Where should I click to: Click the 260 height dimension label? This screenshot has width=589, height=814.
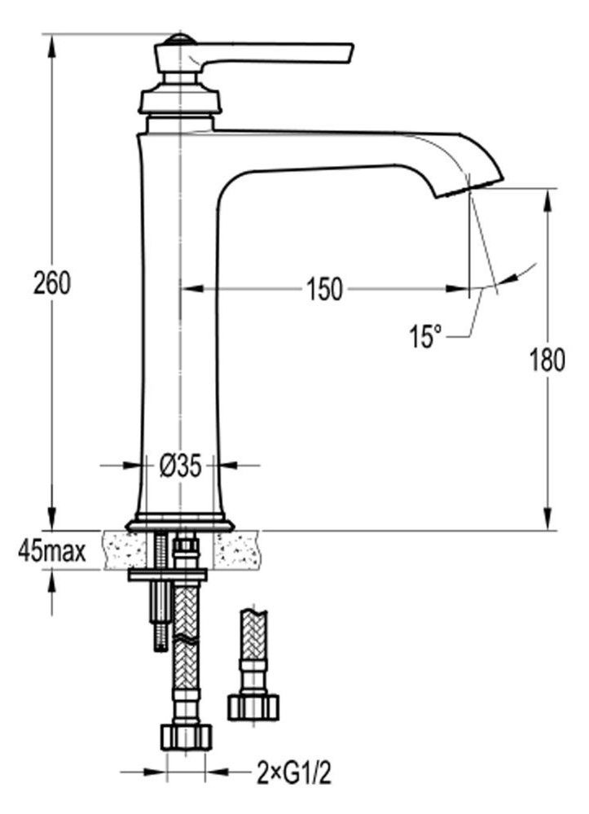coord(51,283)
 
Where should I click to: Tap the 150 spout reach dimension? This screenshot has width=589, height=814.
coord(324,289)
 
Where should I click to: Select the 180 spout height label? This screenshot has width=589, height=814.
coord(547,360)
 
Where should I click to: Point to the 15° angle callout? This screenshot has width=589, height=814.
coord(425,336)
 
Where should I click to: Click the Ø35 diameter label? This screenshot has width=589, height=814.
coord(180,466)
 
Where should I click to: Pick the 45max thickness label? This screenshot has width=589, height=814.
coord(52,551)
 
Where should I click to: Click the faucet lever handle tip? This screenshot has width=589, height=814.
coord(349,54)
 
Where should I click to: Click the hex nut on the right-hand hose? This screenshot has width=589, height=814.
coord(253,707)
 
